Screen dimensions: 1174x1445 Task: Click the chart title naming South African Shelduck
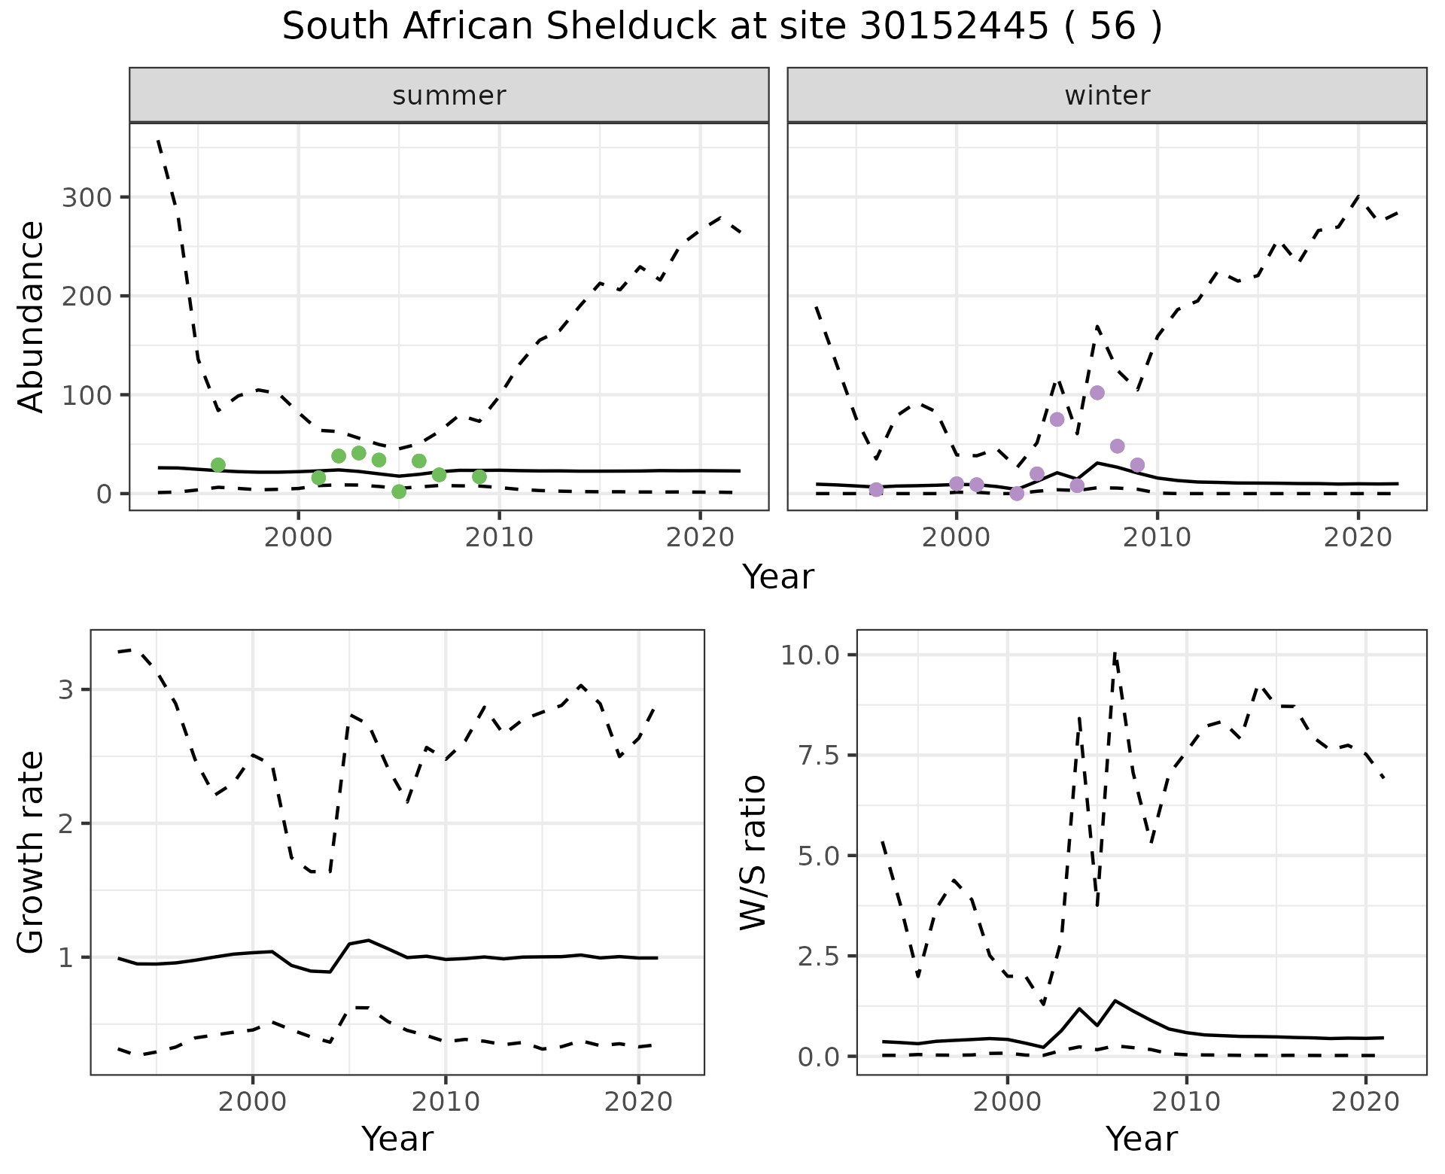(x=722, y=27)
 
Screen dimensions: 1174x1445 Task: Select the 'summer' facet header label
(x=449, y=96)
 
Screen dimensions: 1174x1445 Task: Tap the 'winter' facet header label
(x=1107, y=96)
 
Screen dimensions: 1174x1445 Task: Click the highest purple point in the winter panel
(x=1097, y=393)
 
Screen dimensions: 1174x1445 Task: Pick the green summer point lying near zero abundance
(x=399, y=491)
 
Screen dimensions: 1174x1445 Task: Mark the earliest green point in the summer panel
(x=218, y=465)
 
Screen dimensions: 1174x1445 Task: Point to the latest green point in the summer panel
(x=479, y=476)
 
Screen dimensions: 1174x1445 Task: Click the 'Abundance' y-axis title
(x=32, y=316)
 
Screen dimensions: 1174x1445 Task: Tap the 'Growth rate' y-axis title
(x=32, y=853)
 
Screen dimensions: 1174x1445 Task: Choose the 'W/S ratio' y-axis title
(x=753, y=853)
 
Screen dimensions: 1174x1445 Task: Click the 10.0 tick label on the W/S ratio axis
(x=810, y=655)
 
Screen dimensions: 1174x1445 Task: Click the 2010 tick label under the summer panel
(x=499, y=538)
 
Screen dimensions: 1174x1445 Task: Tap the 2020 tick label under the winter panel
(x=1358, y=538)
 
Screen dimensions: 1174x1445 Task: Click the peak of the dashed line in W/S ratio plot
(x=1115, y=653)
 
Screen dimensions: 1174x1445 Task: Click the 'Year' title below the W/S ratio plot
(x=1141, y=1139)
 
